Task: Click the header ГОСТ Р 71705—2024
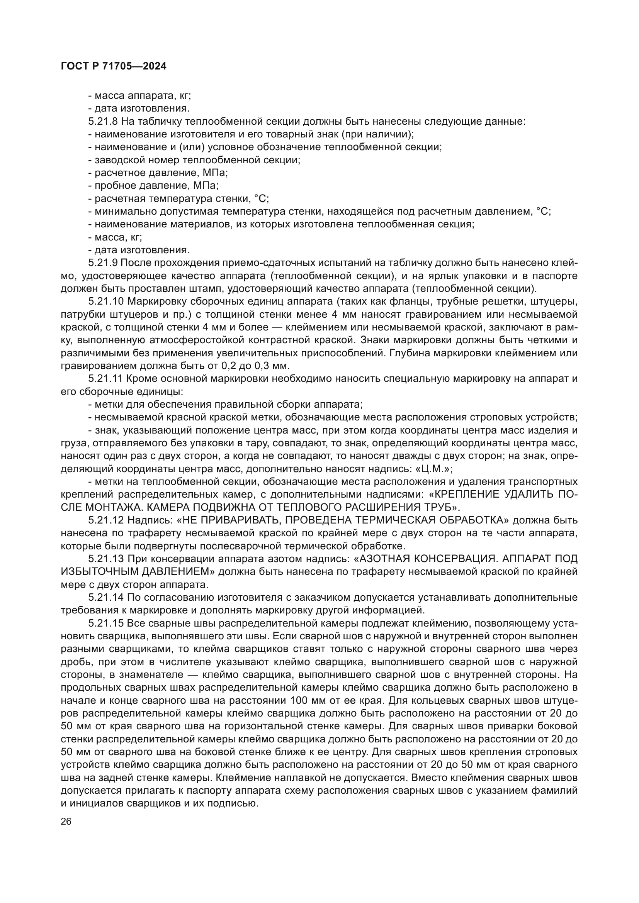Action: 113,66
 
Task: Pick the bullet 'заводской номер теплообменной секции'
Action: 197,160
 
